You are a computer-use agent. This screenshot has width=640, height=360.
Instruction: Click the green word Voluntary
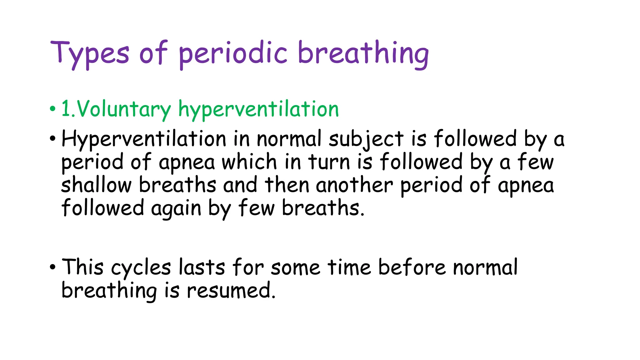point(124,109)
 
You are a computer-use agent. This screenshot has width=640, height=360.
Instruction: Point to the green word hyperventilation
point(258,109)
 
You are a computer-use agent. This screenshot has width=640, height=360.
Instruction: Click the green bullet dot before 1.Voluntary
point(52,109)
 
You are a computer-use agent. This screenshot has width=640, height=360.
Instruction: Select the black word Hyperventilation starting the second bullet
point(144,139)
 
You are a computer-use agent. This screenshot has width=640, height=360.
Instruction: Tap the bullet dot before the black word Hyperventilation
point(52,138)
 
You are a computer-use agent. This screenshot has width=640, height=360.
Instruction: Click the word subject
point(366,139)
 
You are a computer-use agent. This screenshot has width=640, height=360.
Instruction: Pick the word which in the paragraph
point(249,162)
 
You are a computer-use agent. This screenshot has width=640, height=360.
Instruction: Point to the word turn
point(329,162)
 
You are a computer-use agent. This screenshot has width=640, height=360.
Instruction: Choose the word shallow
point(96,185)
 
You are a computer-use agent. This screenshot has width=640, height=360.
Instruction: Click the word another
point(354,185)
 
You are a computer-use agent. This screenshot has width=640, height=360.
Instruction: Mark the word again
point(176,208)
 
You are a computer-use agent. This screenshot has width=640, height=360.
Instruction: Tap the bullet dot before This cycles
point(52,267)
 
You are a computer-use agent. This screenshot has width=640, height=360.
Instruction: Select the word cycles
point(141,268)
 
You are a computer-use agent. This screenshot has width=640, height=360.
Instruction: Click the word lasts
point(202,267)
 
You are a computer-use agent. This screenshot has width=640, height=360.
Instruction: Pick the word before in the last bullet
point(412,267)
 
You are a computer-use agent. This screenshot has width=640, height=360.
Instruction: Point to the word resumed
point(231,291)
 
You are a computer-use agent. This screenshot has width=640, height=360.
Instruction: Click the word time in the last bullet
point(349,267)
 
